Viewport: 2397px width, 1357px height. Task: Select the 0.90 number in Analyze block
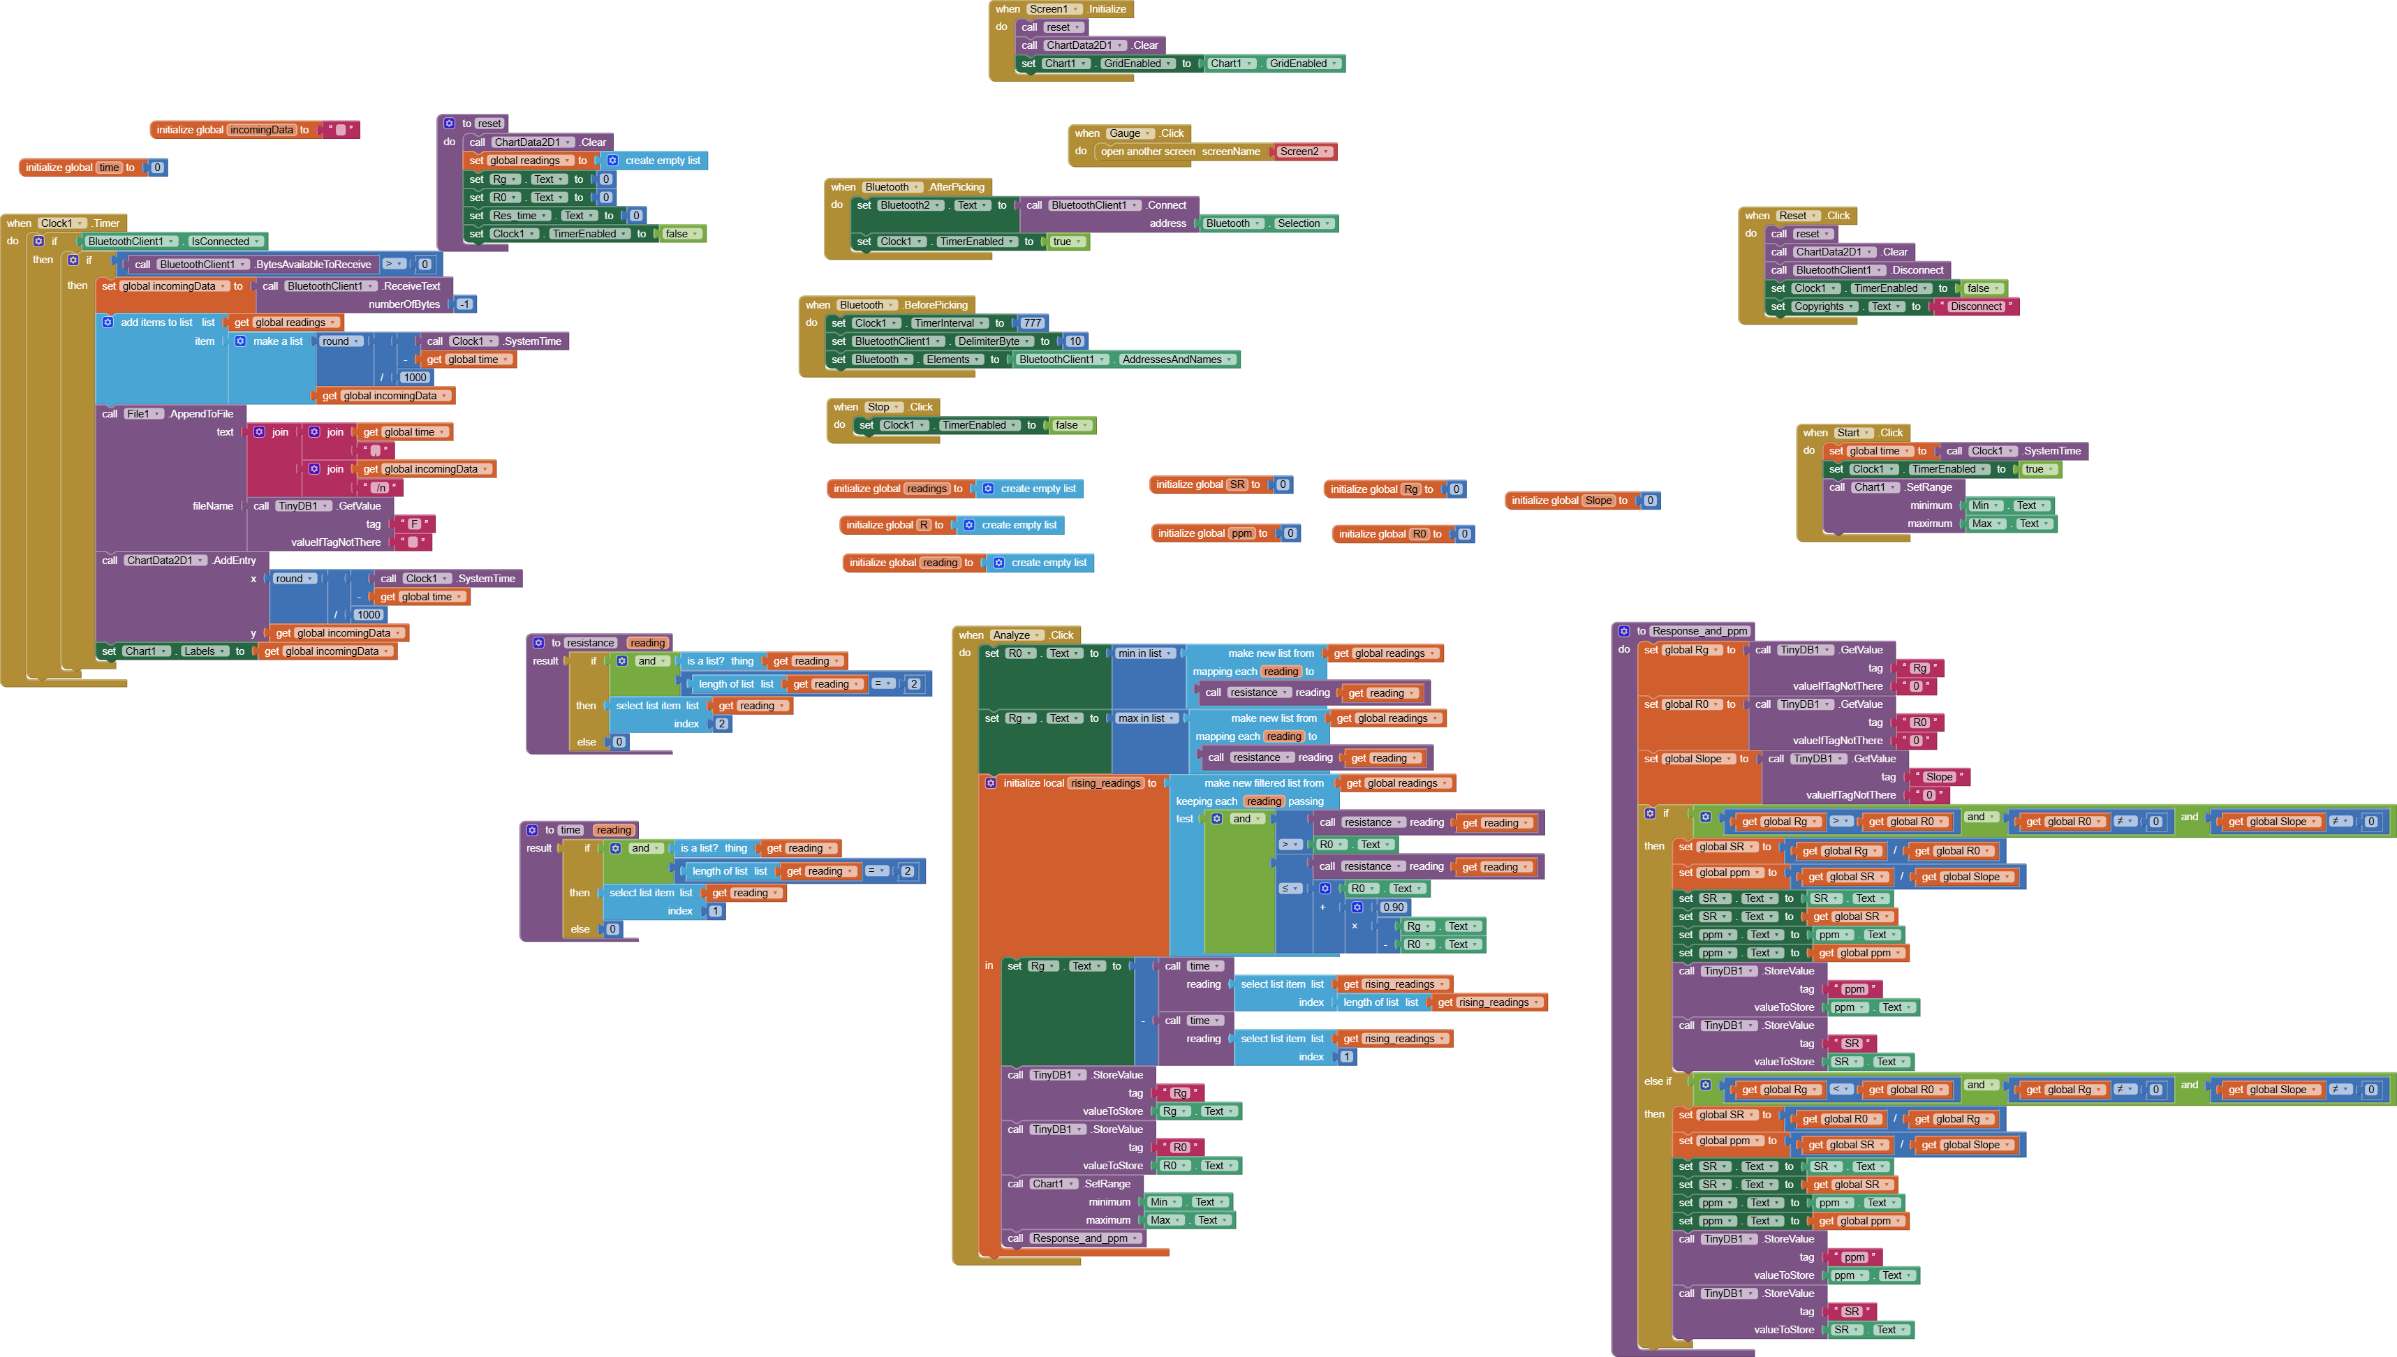(1393, 907)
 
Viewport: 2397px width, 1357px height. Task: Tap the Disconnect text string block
(1976, 306)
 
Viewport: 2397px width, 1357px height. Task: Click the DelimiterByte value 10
(1075, 341)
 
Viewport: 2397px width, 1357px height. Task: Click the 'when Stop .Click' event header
(846, 407)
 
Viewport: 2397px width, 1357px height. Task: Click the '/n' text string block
(381, 487)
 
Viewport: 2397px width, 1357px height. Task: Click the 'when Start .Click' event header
(1815, 433)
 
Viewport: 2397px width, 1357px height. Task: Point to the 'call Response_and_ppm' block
(1072, 1238)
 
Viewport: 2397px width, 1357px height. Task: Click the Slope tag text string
(1938, 778)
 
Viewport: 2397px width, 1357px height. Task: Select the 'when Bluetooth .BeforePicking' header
(818, 306)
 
